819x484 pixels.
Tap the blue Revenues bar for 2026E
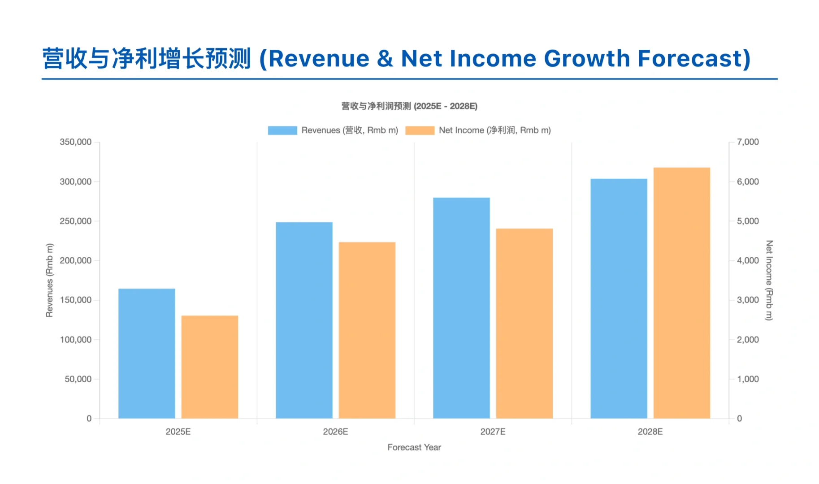[304, 320]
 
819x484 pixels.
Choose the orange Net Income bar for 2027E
[524, 323]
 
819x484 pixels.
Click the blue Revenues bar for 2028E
[619, 298]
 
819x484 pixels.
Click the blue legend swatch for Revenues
[282, 130]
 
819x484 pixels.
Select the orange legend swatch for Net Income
[420, 130]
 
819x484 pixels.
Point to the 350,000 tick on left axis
[75, 142]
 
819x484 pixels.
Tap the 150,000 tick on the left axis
[75, 300]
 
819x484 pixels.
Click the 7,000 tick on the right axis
[748, 142]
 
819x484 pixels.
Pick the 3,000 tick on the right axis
[748, 300]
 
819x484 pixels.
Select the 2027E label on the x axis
[493, 432]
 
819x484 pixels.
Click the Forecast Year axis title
[414, 447]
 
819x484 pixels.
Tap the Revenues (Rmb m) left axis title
[49, 280]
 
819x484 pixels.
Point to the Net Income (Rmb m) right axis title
[769, 280]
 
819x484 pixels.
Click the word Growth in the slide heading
[587, 59]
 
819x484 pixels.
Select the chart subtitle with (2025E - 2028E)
[409, 106]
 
